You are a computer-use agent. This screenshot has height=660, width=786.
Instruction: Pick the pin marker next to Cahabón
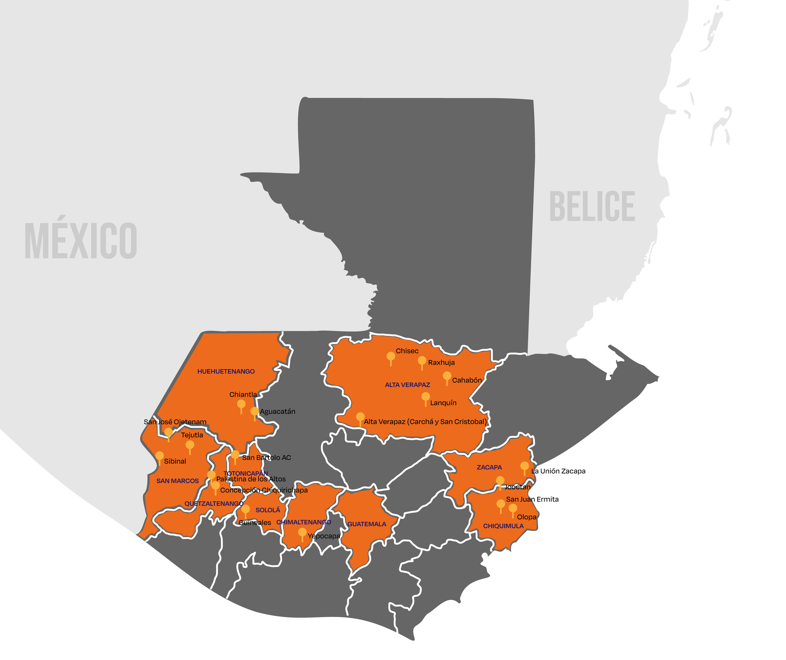(447, 376)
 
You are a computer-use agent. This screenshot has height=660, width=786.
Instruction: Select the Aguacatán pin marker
(255, 412)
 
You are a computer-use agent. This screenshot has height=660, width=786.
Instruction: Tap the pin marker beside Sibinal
(159, 456)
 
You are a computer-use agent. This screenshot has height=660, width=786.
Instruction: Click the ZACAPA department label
(489, 467)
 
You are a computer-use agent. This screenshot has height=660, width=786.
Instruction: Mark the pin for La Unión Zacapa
(525, 466)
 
